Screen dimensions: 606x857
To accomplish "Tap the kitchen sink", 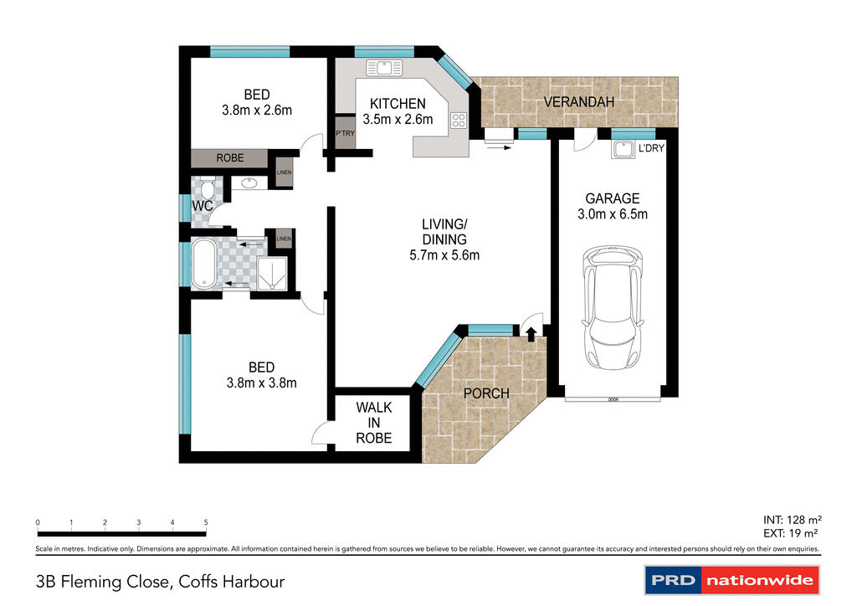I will (x=383, y=66).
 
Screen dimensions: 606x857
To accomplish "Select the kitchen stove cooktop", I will (x=458, y=120).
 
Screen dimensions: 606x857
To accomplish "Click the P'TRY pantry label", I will (x=343, y=134).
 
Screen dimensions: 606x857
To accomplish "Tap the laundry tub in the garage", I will (x=622, y=151).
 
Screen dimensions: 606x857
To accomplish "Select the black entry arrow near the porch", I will (x=531, y=332).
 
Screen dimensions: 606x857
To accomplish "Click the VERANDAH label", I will (x=579, y=102).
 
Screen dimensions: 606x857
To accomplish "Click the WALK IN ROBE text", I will (x=373, y=423).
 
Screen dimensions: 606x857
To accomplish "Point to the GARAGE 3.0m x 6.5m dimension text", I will (x=613, y=206).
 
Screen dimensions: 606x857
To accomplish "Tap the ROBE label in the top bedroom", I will (x=230, y=157).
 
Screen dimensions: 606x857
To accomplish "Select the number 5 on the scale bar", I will (x=206, y=522).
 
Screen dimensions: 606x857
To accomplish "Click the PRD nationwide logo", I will (x=731, y=579).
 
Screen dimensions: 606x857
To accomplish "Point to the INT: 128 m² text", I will (x=787, y=519).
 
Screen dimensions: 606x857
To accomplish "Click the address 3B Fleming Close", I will (x=160, y=580).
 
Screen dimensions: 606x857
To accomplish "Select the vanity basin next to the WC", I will (x=249, y=182).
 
